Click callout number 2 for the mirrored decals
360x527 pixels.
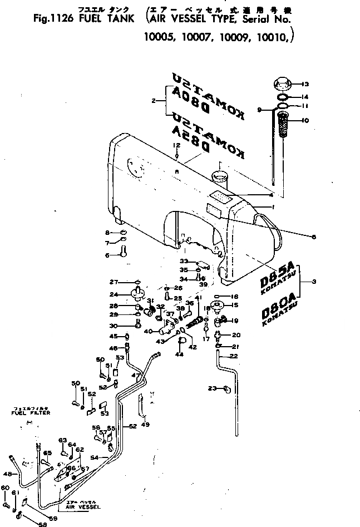pos(152,101)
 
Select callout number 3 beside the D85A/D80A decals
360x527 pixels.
pos(314,282)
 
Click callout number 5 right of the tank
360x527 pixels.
pos(314,237)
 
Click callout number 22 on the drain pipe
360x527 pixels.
pos(234,356)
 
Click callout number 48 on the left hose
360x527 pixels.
pos(7,474)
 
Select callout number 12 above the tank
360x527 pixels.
pos(176,145)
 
